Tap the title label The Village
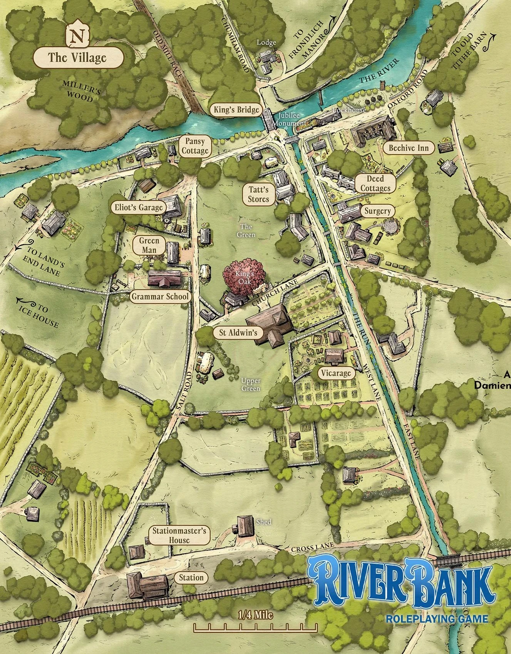[x=77, y=58]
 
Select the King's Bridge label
[x=236, y=110]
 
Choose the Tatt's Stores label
[x=258, y=194]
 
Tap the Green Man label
[x=149, y=245]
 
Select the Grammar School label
[x=160, y=296]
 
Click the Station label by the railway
[x=191, y=577]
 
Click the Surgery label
[x=377, y=211]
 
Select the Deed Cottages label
[x=375, y=184]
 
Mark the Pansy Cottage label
[x=195, y=146]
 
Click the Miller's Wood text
[x=79, y=92]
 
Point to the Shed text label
[x=264, y=522]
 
